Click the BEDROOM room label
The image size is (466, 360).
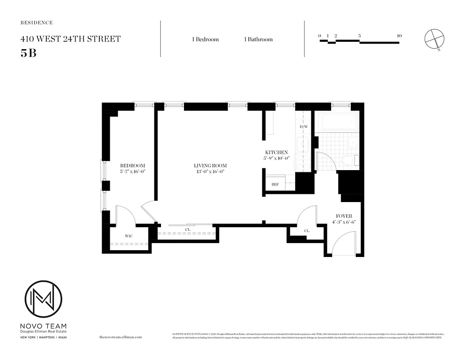[x=132, y=166]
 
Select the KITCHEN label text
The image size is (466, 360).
[x=276, y=153]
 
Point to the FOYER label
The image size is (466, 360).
[x=344, y=216]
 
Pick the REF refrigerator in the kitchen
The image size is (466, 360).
[x=275, y=184]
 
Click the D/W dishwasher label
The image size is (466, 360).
[x=303, y=127]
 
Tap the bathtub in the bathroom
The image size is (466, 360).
[x=338, y=121]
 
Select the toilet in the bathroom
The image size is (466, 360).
[x=349, y=160]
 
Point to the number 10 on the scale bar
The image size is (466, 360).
[x=399, y=36]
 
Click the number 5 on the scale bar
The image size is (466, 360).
[x=360, y=36]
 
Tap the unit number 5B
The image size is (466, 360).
[x=28, y=52]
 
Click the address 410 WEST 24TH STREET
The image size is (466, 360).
[x=71, y=39]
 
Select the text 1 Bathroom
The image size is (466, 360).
[x=258, y=39]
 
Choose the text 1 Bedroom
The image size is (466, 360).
[x=205, y=39]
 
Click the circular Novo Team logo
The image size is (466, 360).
[x=43, y=299]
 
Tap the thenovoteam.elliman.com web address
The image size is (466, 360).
[x=120, y=337]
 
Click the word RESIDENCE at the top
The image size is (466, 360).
[x=37, y=22]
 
